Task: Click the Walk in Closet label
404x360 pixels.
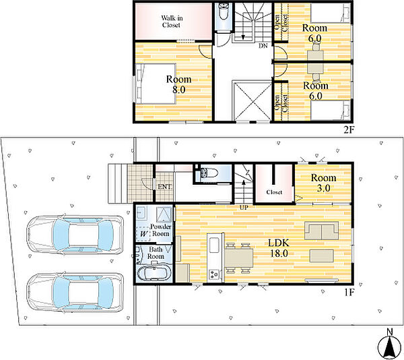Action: coord(172,22)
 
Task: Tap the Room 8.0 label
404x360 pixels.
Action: coord(178,84)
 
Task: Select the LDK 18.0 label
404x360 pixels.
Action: coord(279,248)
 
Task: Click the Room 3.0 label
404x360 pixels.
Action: coord(323,183)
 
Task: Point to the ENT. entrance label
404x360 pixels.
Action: coord(165,187)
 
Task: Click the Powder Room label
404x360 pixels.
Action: coord(160,231)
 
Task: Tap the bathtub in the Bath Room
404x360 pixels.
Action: coord(154,274)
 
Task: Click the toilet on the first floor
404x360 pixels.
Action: coord(206,173)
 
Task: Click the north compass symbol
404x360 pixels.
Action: coord(390,344)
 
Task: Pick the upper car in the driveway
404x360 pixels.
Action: coord(75,234)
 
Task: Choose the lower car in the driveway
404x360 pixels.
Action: coord(75,292)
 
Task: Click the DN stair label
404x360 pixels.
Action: coord(263,46)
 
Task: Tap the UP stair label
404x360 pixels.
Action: coord(244,208)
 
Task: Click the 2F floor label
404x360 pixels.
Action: coord(349,129)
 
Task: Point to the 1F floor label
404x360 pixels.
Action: coord(349,292)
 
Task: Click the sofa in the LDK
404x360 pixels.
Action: coord(321,231)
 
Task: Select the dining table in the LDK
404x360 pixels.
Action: coord(239,258)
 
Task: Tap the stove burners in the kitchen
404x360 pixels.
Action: coord(214,274)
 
